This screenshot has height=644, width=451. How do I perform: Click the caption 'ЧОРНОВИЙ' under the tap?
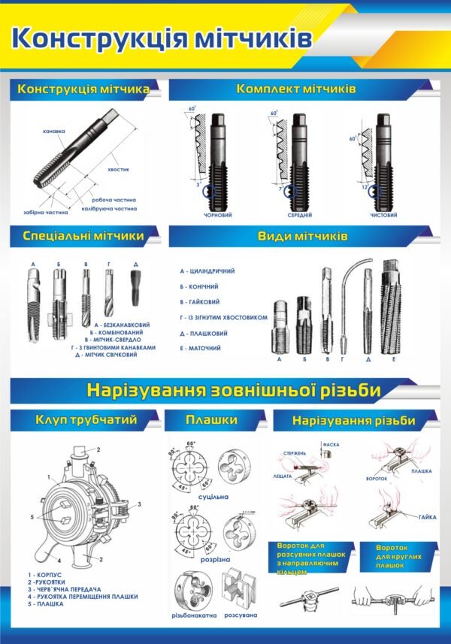(x=217, y=215)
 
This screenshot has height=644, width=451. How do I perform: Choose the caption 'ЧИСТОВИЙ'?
(x=384, y=215)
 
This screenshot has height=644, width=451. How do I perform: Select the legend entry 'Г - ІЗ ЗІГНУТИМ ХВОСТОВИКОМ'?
(x=224, y=317)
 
